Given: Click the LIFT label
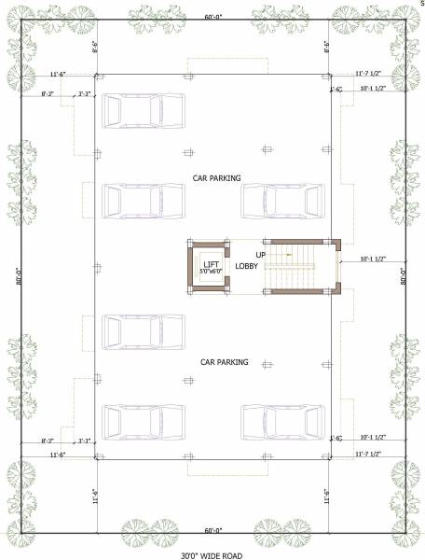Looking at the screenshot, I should point(211,265).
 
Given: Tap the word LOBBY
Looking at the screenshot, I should point(246,266).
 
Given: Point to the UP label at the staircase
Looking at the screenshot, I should point(262,254).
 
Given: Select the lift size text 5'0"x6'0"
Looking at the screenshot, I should point(211,273).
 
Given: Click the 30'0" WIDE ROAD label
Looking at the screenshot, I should point(212,555).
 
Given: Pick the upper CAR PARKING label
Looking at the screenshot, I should point(216,177).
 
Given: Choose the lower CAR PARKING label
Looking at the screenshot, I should point(225,361).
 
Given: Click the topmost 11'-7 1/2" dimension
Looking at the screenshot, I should point(371,73).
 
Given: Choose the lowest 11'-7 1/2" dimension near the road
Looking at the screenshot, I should point(371,454).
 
